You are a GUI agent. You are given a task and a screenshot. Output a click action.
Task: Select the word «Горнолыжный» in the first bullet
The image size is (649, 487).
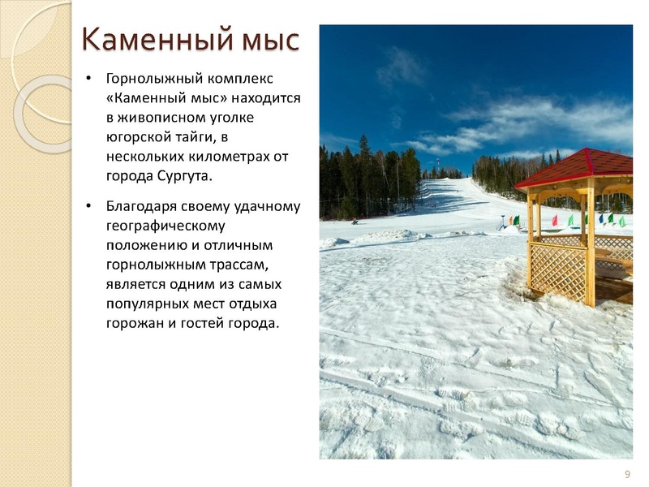coord(154,79)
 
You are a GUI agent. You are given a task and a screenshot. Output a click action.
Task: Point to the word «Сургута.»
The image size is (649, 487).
coord(185,176)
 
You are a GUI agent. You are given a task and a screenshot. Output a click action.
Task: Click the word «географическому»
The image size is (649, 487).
coord(165,226)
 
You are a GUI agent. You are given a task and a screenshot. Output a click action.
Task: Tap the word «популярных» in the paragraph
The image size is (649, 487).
coord(147,304)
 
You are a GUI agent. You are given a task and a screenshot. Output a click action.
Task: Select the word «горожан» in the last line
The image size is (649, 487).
coord(135,323)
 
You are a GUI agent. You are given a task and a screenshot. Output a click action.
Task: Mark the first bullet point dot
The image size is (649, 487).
coord(88,78)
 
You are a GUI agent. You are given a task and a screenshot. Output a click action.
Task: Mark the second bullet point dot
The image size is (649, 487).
coord(88,205)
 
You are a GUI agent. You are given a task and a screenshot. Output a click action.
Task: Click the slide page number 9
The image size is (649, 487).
coord(627,474)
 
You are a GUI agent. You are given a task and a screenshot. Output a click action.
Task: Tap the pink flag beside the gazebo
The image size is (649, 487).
coord(555,221)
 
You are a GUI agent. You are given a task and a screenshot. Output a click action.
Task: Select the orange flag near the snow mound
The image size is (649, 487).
coord(512,221)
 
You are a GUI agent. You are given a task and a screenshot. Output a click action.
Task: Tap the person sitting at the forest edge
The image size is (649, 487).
coord(355,222)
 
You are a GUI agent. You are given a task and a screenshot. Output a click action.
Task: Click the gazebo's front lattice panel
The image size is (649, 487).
coord(558,272)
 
